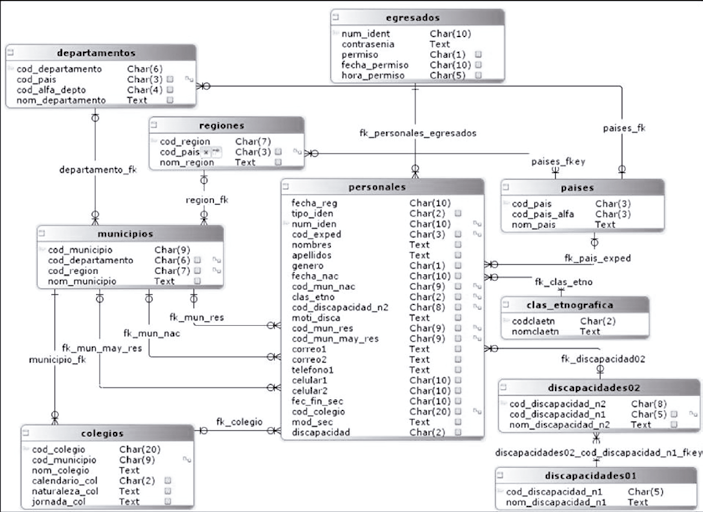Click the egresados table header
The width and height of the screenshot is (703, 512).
tap(417, 17)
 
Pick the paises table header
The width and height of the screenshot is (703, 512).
tap(581, 187)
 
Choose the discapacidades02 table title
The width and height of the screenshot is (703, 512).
tap(596, 388)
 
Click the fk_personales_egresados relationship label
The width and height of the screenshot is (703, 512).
tap(418, 132)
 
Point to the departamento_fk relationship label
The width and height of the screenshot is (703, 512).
tap(97, 170)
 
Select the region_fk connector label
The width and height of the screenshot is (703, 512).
tap(207, 200)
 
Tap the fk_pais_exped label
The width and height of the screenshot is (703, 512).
tap(597, 258)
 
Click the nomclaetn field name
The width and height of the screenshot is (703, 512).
tap(534, 331)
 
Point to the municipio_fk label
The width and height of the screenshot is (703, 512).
tap(56, 357)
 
